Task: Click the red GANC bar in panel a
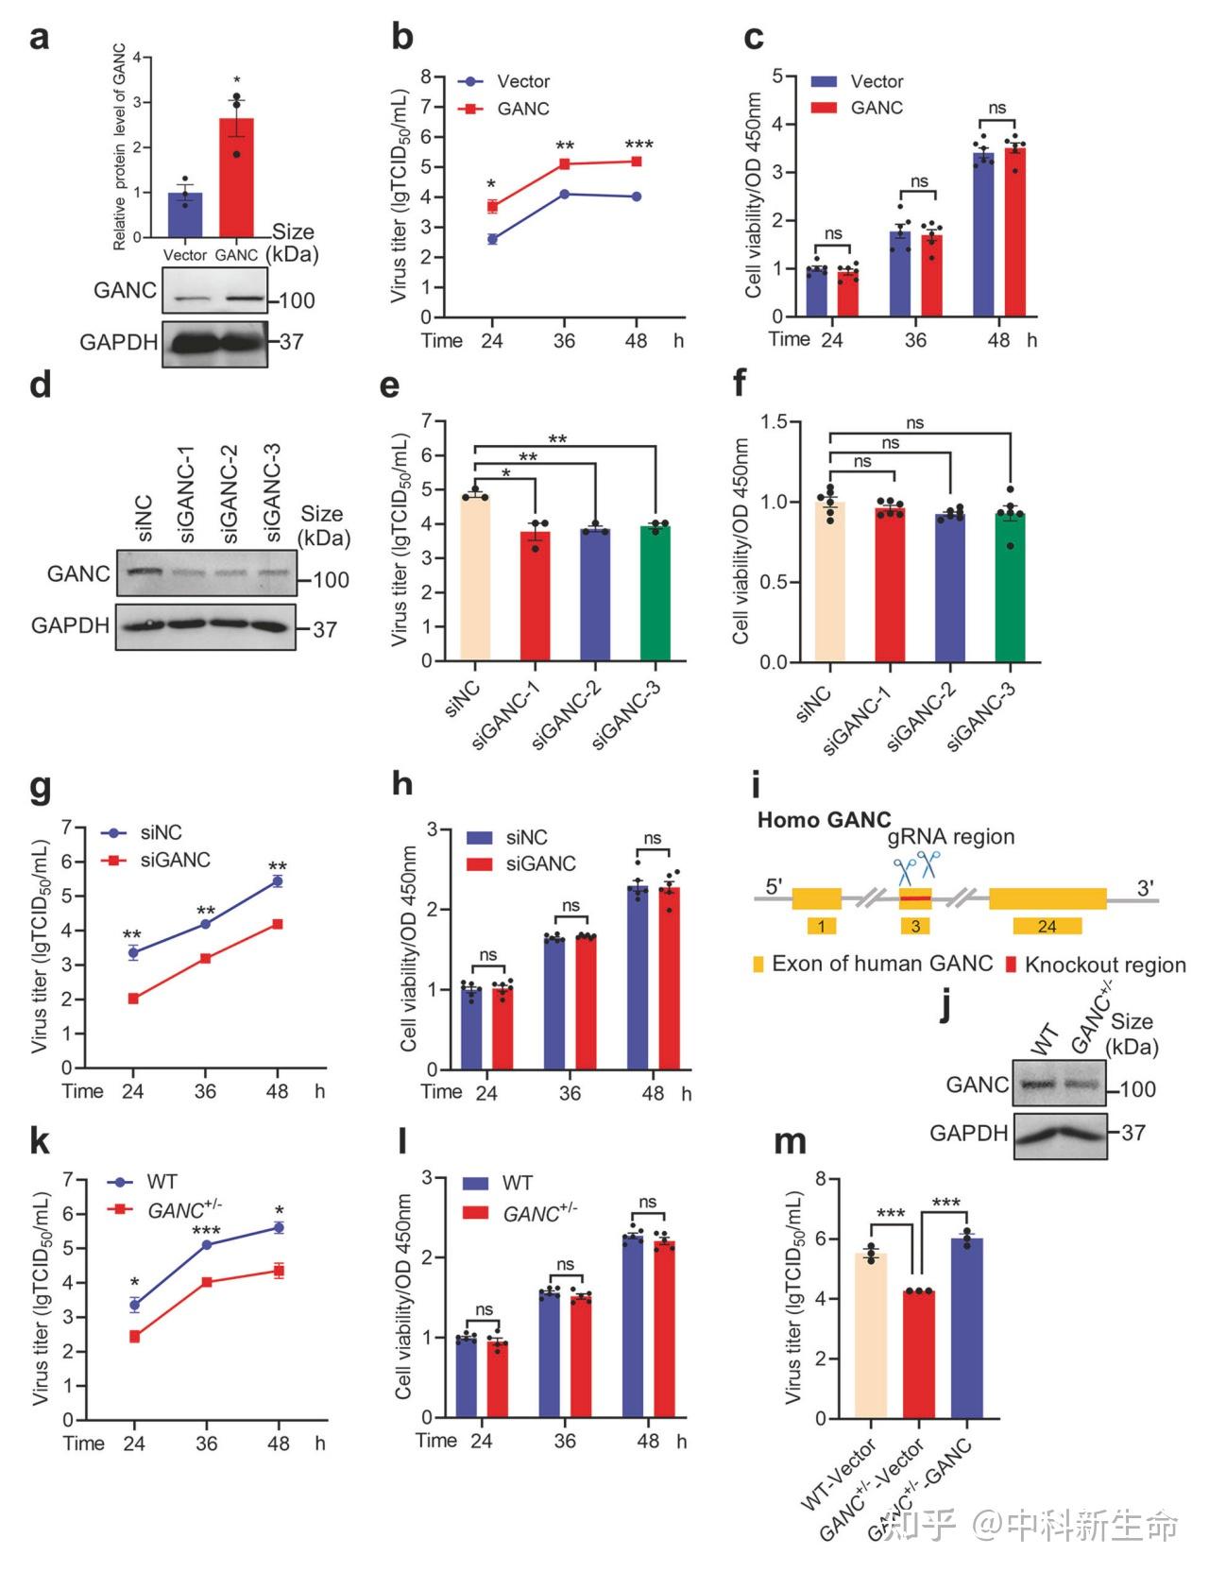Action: point(236,178)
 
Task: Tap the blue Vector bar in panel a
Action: point(185,214)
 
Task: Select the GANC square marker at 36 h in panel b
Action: point(565,164)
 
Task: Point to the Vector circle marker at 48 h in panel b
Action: point(637,196)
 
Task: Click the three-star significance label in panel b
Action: point(639,145)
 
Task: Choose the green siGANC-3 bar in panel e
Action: point(656,594)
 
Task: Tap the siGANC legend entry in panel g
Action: point(157,860)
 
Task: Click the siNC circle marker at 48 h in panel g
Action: point(278,880)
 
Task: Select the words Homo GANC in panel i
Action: point(824,819)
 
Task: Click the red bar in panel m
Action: point(919,1355)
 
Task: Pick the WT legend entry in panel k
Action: point(142,1182)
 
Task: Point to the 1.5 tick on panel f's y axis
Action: point(774,421)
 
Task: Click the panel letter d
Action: point(40,385)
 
